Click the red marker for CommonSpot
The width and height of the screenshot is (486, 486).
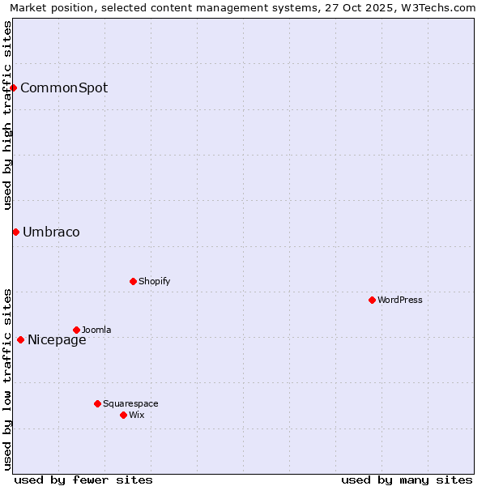pos(14,87)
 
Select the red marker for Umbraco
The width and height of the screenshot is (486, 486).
pos(15,232)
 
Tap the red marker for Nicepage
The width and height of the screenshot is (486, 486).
pos(20,339)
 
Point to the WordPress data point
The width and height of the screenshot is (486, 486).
pos(372,300)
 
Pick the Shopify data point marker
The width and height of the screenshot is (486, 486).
pos(133,281)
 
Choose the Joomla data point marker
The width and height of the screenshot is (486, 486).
pos(76,330)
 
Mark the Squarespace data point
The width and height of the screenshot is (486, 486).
pos(97,403)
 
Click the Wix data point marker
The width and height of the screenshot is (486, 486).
pos(123,415)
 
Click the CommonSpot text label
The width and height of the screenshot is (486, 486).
pos(64,87)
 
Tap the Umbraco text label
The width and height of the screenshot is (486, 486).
pos(51,232)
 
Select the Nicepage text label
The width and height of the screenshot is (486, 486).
pos(57,340)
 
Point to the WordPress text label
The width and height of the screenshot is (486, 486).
pos(400,300)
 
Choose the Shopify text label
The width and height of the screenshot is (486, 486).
pos(154,281)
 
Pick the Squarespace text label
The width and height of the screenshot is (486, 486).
pos(130,403)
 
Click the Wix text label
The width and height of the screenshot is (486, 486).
pos(136,415)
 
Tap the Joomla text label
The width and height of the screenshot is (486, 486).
pos(96,330)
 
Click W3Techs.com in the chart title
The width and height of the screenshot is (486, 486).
pos(436,7)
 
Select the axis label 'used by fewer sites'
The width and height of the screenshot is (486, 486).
pos(83,480)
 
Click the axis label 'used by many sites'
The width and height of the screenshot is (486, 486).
pos(407,480)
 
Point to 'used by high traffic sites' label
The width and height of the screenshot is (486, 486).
pos(7,115)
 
